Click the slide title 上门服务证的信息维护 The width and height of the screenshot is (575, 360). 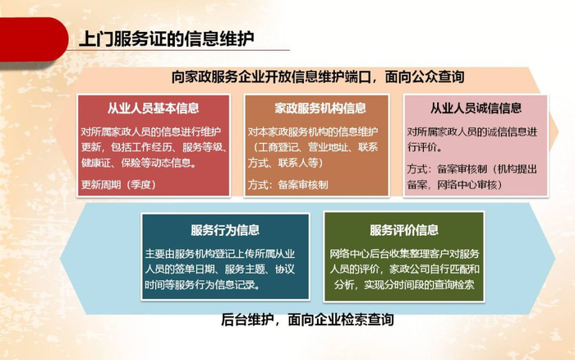coord(166,39)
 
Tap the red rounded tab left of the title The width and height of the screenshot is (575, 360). coord(34,39)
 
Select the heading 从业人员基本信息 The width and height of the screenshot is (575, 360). coord(154,108)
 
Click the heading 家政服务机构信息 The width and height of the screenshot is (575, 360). coord(320,108)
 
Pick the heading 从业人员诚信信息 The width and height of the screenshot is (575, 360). coord(476,108)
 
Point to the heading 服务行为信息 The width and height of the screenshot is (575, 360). coord(225,230)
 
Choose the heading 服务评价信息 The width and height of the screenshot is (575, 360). coord(404,230)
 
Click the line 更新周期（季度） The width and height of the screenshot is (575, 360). coord(119,184)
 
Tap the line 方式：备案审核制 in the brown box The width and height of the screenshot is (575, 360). coord(287,184)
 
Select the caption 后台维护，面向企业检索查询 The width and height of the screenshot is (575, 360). coord(307,320)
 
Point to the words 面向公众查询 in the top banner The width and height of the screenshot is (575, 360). coord(425,76)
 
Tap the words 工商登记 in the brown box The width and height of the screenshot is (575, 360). coord(278,147)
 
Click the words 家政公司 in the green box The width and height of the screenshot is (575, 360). coord(409,270)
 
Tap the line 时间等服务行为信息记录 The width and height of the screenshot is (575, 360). coord(202,284)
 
